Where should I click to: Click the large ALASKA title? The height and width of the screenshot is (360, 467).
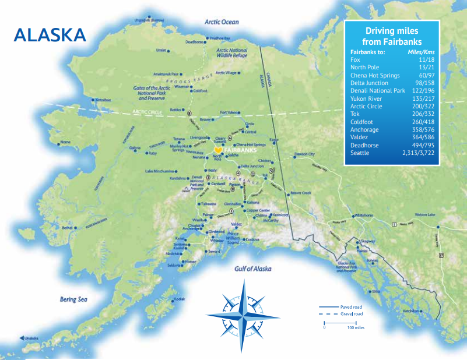pyautogui.click(x=50, y=34)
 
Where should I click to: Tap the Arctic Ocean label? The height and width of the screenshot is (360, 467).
pyautogui.click(x=222, y=22)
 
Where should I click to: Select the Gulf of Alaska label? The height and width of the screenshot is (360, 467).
pyautogui.click(x=253, y=269)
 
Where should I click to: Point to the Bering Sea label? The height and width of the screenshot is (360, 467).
pyautogui.click(x=73, y=299)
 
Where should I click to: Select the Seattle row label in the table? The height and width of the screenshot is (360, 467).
pyautogui.click(x=359, y=153)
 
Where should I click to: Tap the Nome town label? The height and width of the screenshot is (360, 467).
pyautogui.click(x=65, y=142)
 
